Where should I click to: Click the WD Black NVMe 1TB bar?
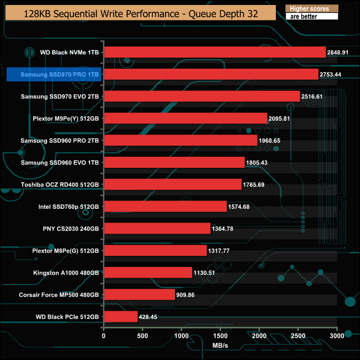click(x=214, y=52)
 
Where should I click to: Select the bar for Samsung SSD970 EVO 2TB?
click(x=202, y=96)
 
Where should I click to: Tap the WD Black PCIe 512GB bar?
click(x=120, y=316)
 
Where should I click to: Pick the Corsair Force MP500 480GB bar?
click(x=139, y=295)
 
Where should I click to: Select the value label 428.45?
click(x=151, y=317)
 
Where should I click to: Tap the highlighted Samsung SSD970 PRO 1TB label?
click(x=54, y=75)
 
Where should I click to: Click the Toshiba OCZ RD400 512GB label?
click(x=60, y=184)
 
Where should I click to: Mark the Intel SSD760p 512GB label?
click(x=69, y=207)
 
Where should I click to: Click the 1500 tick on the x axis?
click(x=220, y=336)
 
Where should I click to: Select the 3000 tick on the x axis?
click(x=337, y=336)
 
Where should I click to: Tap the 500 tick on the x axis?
click(x=142, y=336)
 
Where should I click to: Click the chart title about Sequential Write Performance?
click(x=141, y=13)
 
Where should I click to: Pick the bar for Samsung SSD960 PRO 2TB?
click(x=181, y=140)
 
